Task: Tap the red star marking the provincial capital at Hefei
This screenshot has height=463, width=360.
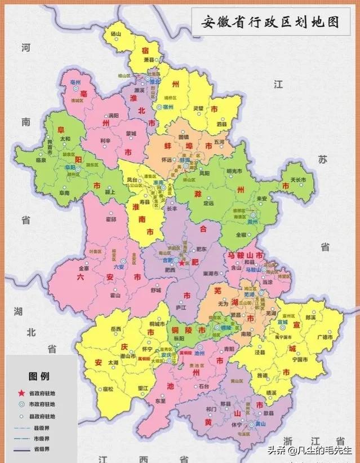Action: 181,262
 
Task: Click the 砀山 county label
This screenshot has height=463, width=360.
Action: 116,34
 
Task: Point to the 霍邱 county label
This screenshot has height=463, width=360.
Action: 110,219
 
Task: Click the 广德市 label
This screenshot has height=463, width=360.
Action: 325,337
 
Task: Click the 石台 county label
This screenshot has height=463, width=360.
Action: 203,386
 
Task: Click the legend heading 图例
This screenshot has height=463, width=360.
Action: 39,376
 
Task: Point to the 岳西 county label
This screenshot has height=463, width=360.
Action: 117,329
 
